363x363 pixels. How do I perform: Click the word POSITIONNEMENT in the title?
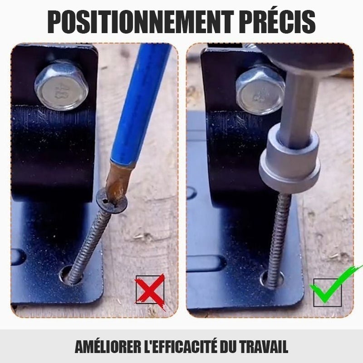141,22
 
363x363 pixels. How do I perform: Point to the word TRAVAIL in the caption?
264,347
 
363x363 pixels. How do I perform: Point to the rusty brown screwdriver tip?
118,183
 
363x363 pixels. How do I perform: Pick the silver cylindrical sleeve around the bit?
290,160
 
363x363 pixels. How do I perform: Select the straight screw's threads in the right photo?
279,241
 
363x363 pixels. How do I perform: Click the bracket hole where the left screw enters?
70,275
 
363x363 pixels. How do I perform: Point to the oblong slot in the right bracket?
206,263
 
